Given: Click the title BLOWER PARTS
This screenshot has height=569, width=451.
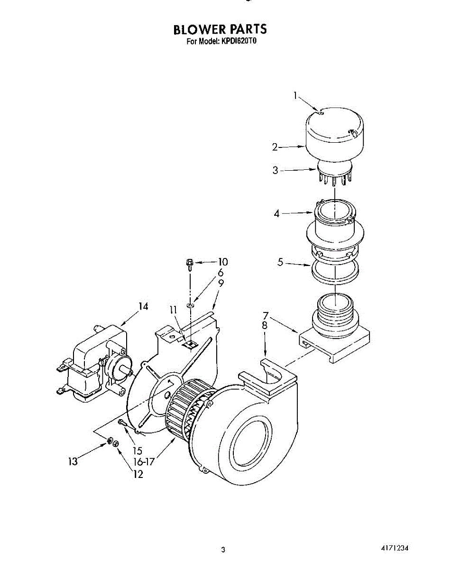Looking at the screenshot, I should click(x=220, y=29).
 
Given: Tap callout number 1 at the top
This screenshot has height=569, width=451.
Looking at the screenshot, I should click(x=295, y=96).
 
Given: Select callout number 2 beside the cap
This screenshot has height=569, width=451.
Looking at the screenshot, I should click(x=275, y=147).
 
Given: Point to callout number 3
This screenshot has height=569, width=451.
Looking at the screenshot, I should click(x=276, y=170).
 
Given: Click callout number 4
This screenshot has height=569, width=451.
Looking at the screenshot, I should click(x=276, y=214).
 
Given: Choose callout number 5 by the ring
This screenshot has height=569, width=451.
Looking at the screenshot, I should click(x=280, y=262).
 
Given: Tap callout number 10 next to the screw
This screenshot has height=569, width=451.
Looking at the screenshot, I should click(x=222, y=262).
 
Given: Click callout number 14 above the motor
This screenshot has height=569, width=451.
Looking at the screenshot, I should click(x=143, y=307).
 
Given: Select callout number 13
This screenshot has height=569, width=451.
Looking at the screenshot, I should click(x=73, y=461).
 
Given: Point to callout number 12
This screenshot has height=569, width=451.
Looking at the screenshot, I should click(x=138, y=474).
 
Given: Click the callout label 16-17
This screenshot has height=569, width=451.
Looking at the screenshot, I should click(x=144, y=461).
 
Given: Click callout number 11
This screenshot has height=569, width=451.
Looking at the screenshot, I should click(x=174, y=310).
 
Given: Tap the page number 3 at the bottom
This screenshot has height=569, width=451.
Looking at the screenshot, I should click(x=223, y=550).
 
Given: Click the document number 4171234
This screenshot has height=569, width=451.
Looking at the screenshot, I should click(x=394, y=549).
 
